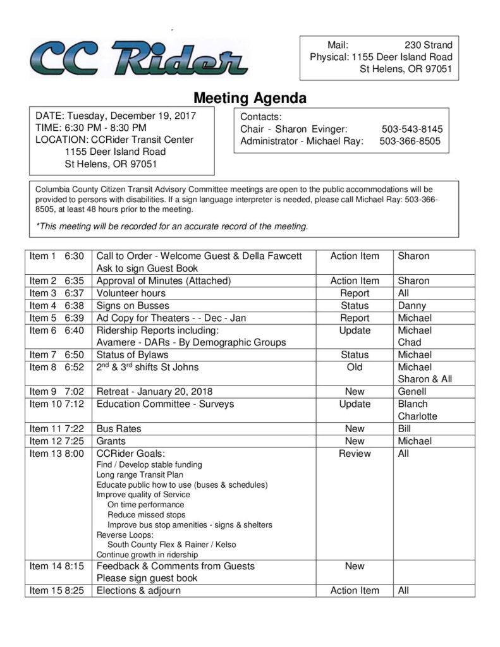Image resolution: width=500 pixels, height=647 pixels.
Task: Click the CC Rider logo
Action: point(139,57)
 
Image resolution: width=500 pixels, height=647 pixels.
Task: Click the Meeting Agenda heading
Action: point(250,98)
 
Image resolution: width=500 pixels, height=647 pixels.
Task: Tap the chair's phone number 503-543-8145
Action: point(412,129)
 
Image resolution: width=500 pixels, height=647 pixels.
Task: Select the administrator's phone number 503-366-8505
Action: point(410,141)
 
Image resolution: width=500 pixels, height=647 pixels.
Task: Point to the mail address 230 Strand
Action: point(428,45)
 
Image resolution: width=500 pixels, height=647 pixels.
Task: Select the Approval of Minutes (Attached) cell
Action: point(164,281)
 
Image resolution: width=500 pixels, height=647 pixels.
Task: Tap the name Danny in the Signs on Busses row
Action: point(412,305)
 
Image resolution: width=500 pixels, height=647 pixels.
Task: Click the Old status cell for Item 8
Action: point(355,367)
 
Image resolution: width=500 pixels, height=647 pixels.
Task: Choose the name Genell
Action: point(412,391)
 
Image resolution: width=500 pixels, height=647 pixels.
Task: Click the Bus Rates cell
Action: point(119,428)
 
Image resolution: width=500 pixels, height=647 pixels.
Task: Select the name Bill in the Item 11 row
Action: point(405,428)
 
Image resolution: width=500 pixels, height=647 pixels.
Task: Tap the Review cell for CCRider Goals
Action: point(355,453)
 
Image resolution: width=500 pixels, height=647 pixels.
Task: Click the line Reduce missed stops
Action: point(147,515)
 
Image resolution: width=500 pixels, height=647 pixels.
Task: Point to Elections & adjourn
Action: point(138,590)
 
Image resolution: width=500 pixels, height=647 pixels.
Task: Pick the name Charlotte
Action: point(417,416)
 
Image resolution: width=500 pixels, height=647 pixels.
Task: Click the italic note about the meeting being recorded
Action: point(172,226)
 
